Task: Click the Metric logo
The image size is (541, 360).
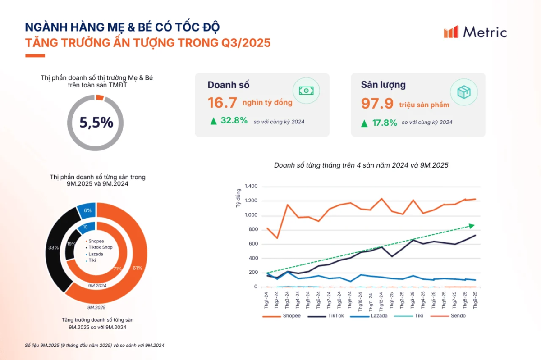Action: (475, 32)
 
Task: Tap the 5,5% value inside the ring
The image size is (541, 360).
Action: (96, 122)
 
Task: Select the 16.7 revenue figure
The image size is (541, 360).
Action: (222, 103)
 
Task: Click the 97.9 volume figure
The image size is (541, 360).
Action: (377, 103)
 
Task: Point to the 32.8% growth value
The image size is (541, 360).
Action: (234, 120)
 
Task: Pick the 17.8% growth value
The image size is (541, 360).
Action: (385, 123)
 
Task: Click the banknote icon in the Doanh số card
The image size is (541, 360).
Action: (306, 91)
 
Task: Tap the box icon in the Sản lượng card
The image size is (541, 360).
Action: (464, 92)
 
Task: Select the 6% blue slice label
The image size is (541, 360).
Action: (87, 210)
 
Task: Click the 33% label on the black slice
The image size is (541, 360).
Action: (53, 247)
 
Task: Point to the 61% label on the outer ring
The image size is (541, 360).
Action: (137, 268)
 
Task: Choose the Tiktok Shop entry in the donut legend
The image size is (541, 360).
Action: (99, 247)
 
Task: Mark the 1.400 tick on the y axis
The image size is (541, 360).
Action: (251, 186)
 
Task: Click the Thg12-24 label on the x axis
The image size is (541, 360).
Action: (381, 301)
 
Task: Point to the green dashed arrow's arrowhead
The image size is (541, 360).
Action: (472, 226)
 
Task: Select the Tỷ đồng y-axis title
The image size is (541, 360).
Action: (238, 198)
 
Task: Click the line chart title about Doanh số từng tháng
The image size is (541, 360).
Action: (361, 165)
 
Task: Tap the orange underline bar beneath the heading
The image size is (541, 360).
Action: (35, 56)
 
